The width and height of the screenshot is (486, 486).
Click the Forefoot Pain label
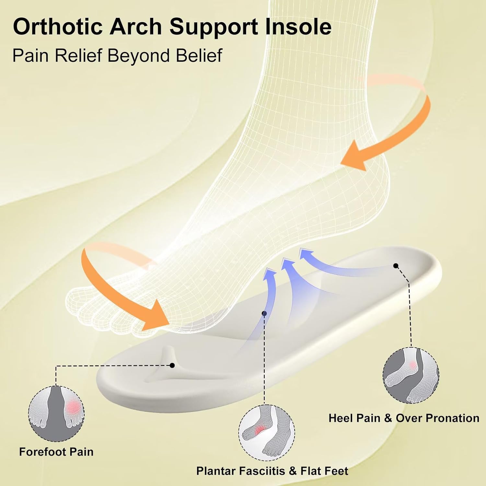click(x=56, y=452)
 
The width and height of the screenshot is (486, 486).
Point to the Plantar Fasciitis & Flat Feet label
click(x=272, y=471)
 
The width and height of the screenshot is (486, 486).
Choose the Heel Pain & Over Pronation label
click(x=404, y=418)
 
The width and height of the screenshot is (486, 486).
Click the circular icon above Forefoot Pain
click(x=56, y=413)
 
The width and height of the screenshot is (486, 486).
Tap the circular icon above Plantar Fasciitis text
click(x=266, y=433)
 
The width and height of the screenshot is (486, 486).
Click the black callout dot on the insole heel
click(x=396, y=266)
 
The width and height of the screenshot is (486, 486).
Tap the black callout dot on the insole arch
click(x=264, y=313)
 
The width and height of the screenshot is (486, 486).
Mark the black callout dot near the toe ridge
click(x=172, y=365)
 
